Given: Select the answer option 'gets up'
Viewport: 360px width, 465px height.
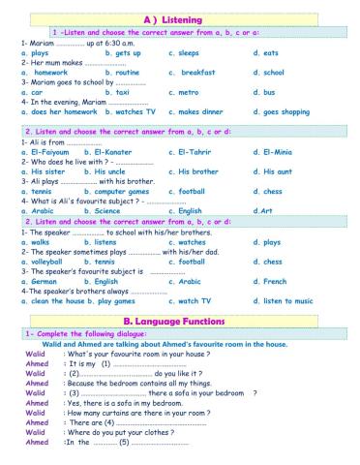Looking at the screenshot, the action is (126, 55).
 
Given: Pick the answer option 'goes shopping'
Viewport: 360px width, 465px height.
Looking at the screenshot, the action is (289, 112).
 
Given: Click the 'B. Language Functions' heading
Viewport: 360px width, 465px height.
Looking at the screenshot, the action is (180, 318).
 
